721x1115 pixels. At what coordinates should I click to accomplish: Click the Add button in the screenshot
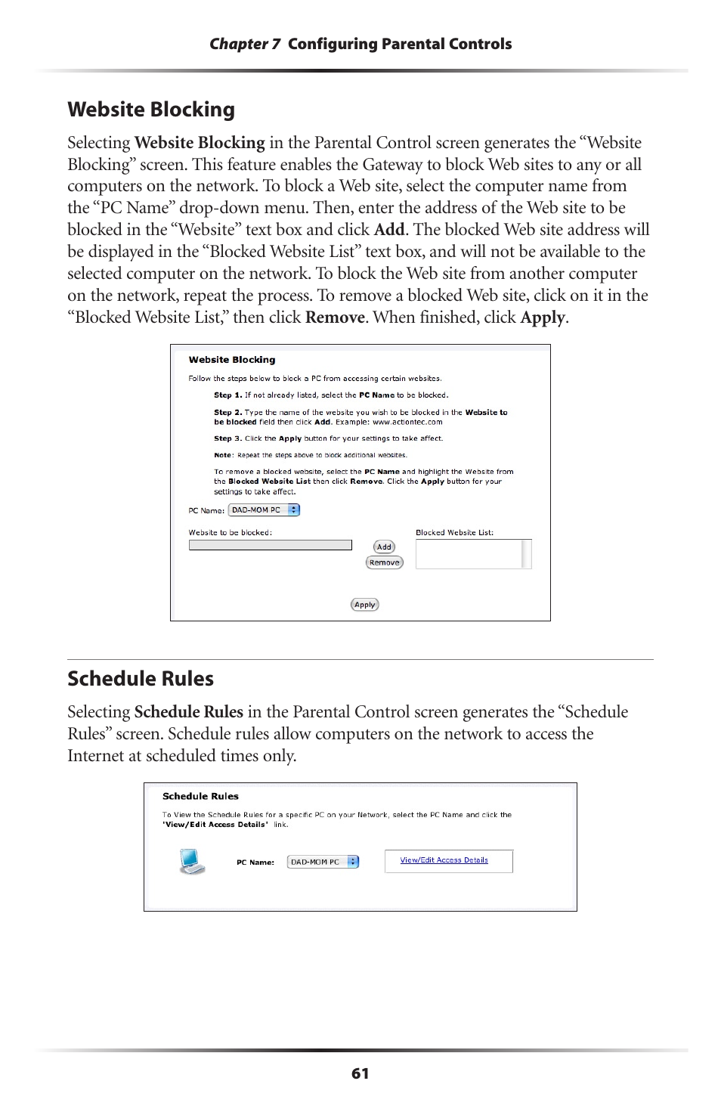click(384, 547)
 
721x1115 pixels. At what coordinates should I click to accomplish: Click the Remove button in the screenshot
click(384, 562)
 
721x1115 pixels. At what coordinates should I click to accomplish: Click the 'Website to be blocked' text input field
click(270, 545)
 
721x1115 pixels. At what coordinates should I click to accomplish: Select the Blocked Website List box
click(469, 554)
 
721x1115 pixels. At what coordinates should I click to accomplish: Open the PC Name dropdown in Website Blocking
click(265, 510)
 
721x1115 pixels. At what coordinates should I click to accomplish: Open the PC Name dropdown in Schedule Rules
click(323, 862)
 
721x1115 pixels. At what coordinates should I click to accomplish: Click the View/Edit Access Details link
click(444, 860)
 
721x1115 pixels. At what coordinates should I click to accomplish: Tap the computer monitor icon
click(192, 861)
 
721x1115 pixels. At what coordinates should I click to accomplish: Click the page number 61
click(360, 1073)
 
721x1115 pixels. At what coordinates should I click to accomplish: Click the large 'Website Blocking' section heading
click(151, 110)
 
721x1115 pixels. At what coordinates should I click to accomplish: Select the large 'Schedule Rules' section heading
click(141, 679)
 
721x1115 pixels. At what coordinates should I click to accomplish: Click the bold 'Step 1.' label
click(227, 395)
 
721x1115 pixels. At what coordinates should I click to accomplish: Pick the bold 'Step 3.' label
click(227, 438)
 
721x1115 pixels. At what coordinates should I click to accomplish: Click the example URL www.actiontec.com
click(407, 422)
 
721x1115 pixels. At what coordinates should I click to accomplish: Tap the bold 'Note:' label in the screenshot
click(223, 455)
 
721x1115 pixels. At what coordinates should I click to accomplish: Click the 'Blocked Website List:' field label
click(454, 532)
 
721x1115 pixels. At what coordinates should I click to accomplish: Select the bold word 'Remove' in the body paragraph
click(335, 317)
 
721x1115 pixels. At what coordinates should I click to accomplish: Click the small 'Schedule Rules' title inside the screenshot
click(200, 796)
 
